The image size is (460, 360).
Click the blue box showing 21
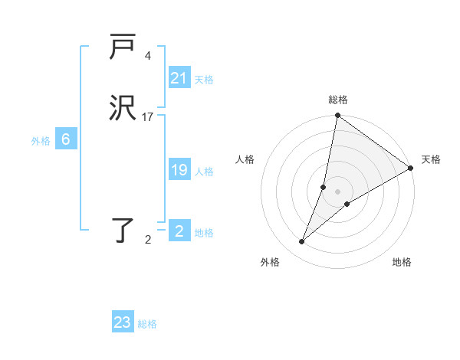click(x=179, y=78)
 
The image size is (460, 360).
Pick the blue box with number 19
click(x=179, y=170)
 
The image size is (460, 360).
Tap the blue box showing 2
click(x=179, y=231)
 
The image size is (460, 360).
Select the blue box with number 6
click(x=66, y=139)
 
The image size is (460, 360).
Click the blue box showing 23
click(x=123, y=322)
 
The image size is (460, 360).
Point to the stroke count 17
click(x=148, y=117)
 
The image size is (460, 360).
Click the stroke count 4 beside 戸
click(x=147, y=56)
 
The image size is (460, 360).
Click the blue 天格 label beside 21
click(x=204, y=80)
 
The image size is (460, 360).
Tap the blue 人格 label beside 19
click(x=204, y=172)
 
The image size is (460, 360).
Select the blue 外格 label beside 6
click(x=41, y=141)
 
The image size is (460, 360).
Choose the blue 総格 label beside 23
click(x=147, y=324)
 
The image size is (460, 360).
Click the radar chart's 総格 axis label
click(x=338, y=100)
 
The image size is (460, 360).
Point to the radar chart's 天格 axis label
click(x=431, y=159)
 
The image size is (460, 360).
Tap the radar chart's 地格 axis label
click(x=402, y=262)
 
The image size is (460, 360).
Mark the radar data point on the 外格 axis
click(x=302, y=242)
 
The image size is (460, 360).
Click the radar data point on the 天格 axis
click(x=411, y=169)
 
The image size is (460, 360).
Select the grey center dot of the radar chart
click(x=338, y=191)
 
